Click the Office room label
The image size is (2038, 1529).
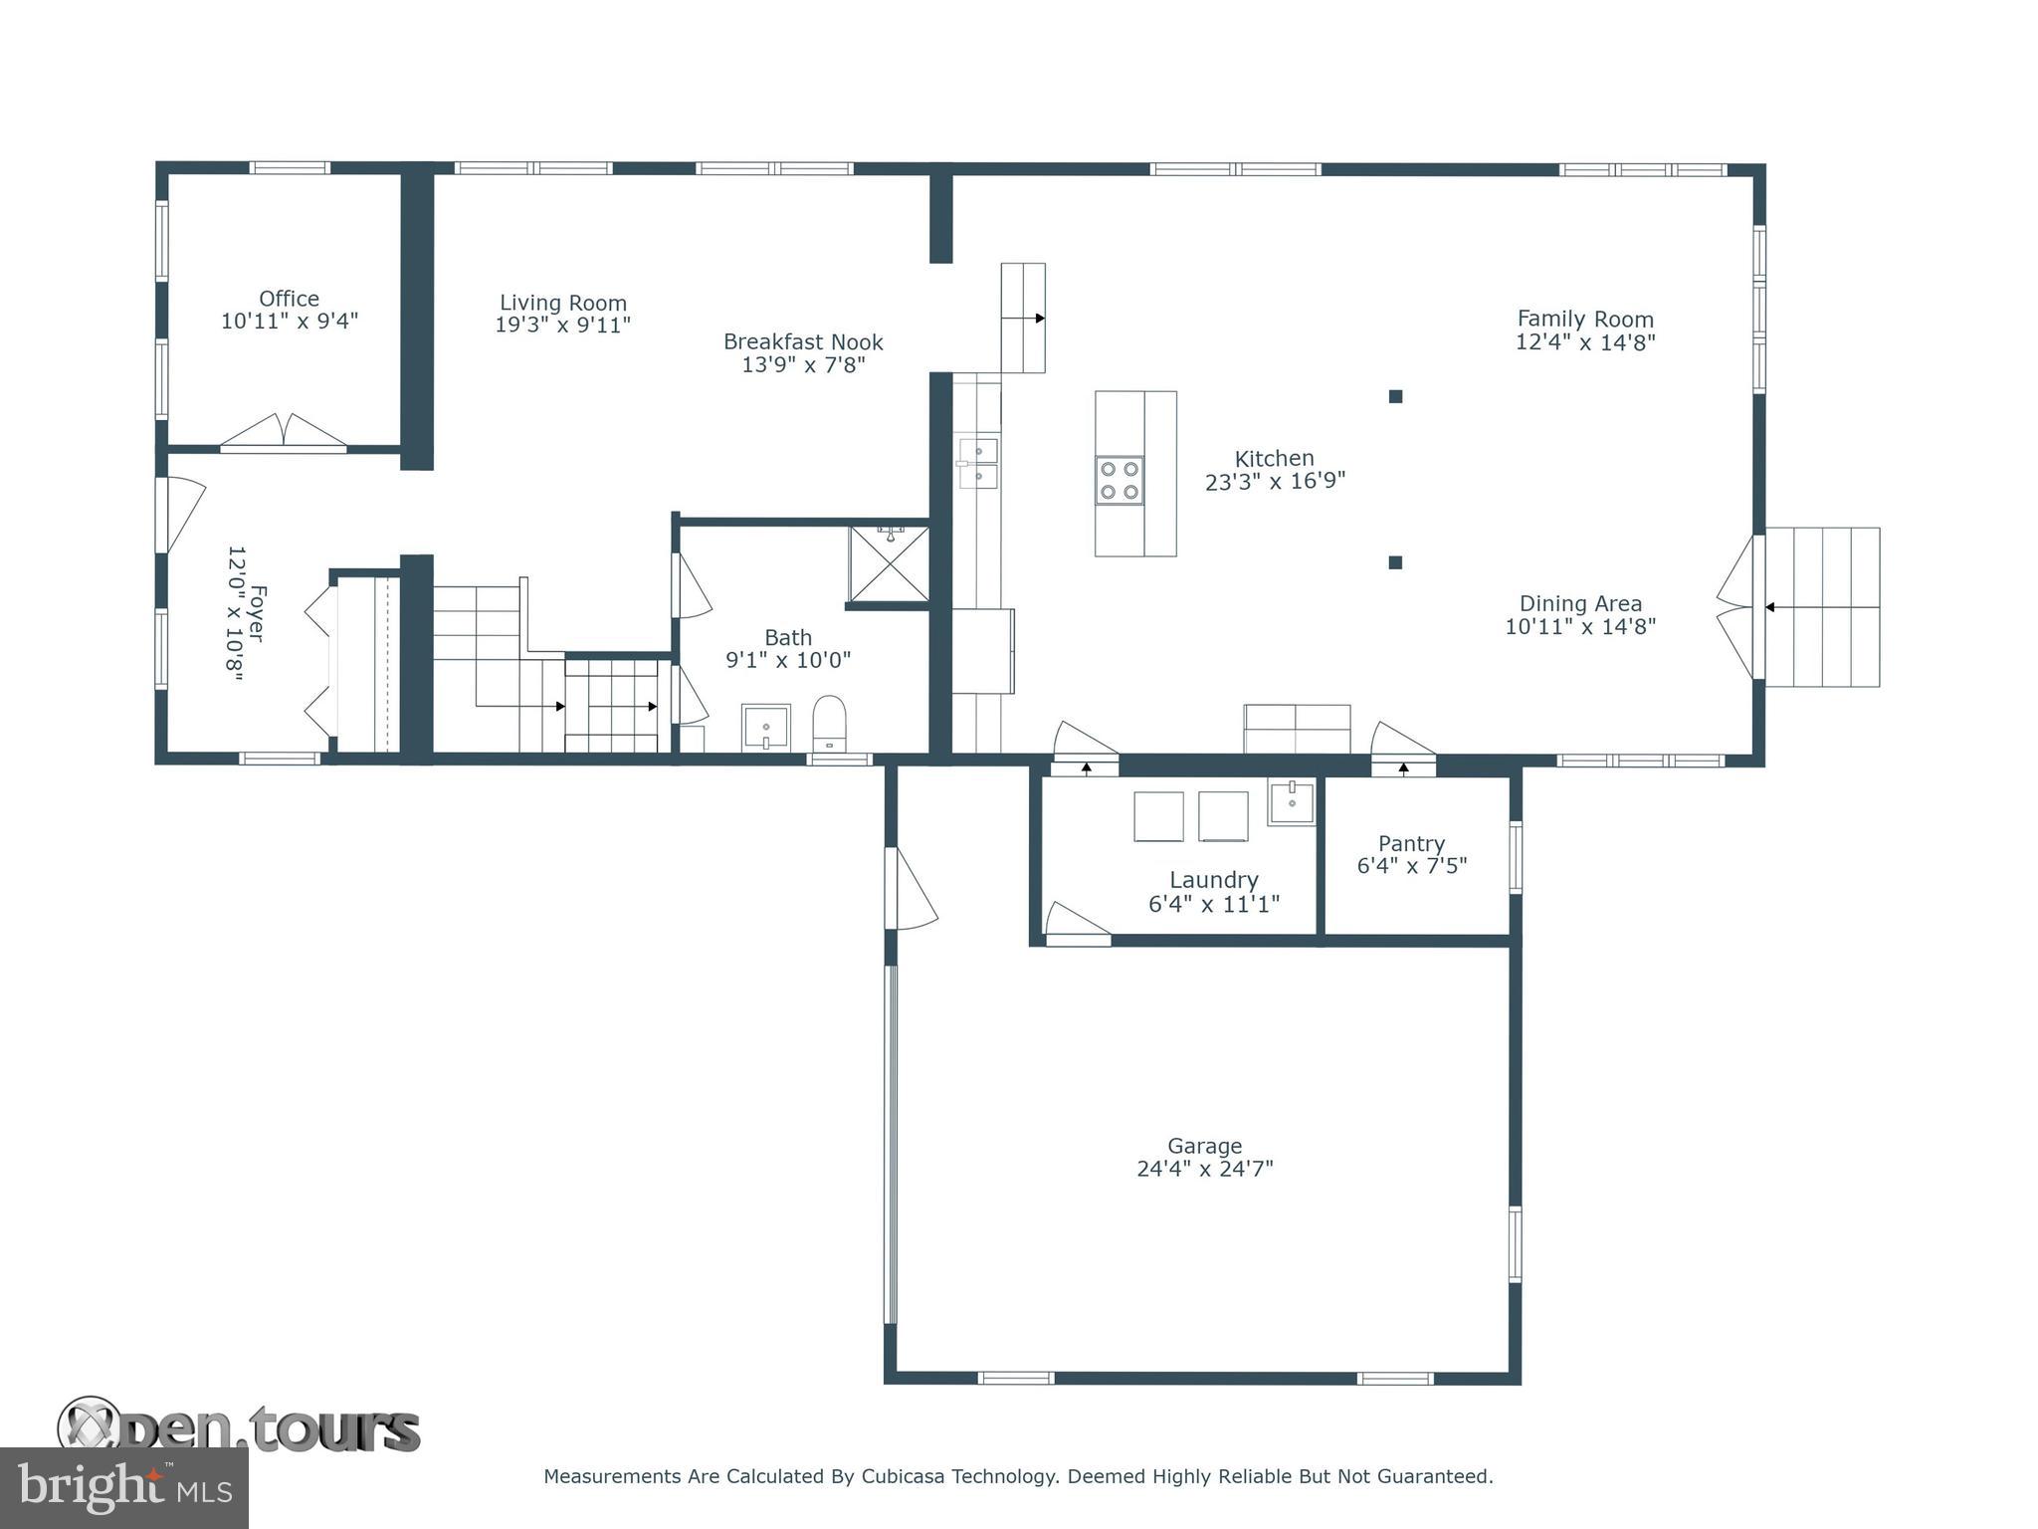[289, 299]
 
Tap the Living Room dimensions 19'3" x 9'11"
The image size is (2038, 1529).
[562, 326]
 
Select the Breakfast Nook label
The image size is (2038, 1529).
[803, 341]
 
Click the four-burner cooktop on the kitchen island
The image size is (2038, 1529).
[1120, 480]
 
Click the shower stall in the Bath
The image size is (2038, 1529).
[888, 564]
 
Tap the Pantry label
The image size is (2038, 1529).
[1411, 843]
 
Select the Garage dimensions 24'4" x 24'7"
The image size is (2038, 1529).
[1204, 1169]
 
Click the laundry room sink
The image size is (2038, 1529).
[1291, 802]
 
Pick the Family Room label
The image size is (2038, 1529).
[1585, 320]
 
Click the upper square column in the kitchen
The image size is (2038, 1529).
[1395, 396]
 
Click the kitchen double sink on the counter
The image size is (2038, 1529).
[978, 463]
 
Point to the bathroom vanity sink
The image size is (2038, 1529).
[765, 728]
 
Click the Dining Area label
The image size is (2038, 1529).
[1580, 603]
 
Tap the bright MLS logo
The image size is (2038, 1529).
[124, 1488]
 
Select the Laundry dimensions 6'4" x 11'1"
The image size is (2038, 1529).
[1213, 904]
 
